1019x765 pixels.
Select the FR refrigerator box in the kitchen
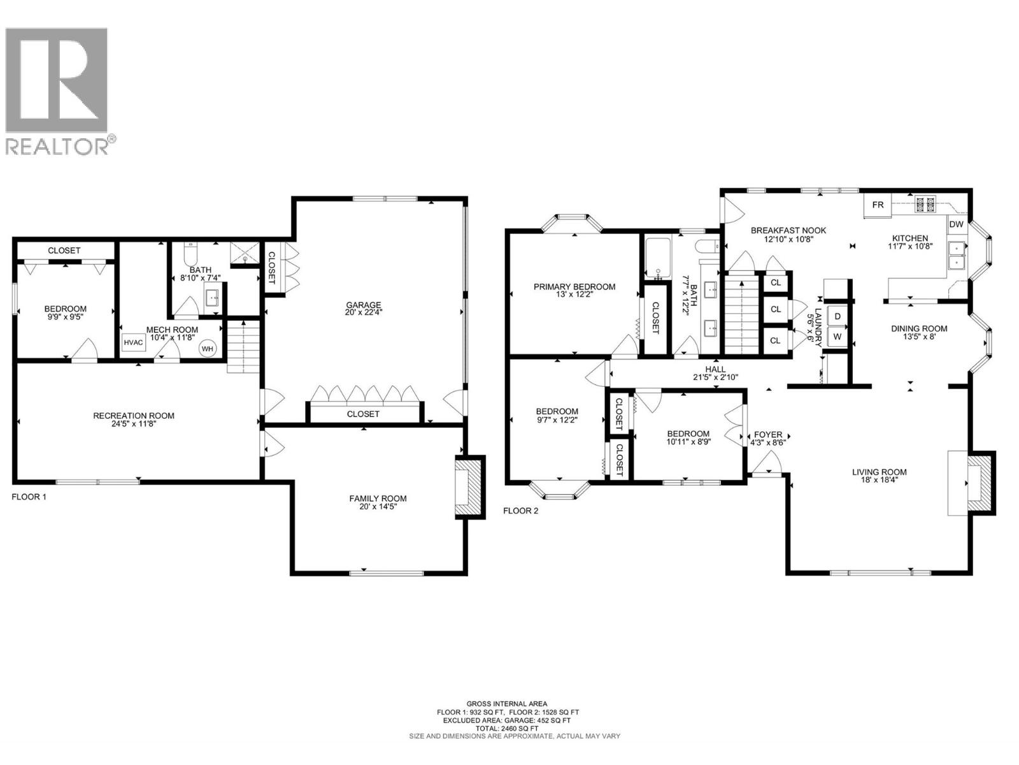tap(878, 205)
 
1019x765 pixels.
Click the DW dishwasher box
tap(956, 224)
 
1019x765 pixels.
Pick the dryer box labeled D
tap(837, 316)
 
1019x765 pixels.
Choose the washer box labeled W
tap(837, 336)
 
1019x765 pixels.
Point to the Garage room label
tap(363, 305)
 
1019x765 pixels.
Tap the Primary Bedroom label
tap(574, 287)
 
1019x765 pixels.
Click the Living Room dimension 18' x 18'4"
tap(879, 481)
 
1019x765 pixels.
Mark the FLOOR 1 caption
tap(29, 496)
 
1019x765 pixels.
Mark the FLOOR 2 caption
tap(520, 511)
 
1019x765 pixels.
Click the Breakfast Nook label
tap(788, 230)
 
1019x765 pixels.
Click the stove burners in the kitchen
tap(925, 205)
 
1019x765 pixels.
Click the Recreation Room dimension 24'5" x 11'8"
tap(133, 425)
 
